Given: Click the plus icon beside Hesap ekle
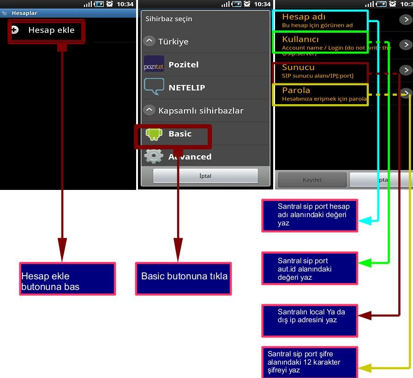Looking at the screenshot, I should coord(15,30).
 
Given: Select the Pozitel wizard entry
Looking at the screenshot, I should coord(183,65).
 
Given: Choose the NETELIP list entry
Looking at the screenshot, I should coord(186,88).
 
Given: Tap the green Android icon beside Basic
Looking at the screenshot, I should coord(154,134).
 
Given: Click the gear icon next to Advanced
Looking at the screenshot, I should coord(154,157).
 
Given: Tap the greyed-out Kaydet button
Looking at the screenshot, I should coord(312,180).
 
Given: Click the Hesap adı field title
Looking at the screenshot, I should coord(304,17).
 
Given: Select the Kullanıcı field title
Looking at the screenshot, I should coord(300,40).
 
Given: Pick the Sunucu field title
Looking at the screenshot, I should coord(298,67).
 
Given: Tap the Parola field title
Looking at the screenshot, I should coord(296,90).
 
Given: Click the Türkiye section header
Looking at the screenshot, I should coord(173,41).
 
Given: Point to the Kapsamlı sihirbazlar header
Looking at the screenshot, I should coord(200,111).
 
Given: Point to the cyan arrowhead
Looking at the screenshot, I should coord(365,221).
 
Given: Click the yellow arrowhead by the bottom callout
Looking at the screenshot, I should coord(365,368).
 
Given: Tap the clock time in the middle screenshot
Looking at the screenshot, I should coord(262,4).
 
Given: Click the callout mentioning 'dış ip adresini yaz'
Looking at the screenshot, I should coord(310,320).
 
